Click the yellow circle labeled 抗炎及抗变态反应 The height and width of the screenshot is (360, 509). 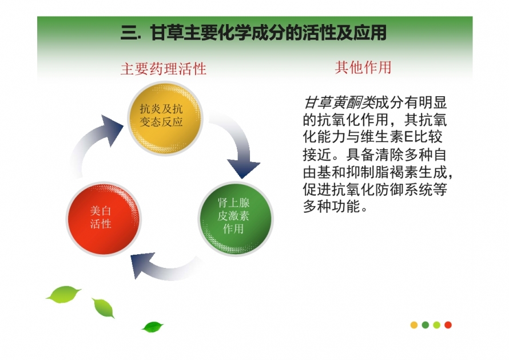click(165, 118)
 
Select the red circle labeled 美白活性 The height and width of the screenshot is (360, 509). click(104, 219)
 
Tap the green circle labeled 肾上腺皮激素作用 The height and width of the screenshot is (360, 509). click(236, 218)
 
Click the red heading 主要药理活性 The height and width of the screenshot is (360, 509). click(164, 69)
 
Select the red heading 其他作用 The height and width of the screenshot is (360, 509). click(363, 68)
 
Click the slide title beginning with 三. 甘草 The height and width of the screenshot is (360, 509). click(253, 33)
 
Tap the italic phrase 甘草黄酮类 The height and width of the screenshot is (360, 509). click(339, 103)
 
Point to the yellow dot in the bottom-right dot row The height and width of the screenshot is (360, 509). click(414, 325)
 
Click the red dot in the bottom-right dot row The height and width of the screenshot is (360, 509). click(448, 325)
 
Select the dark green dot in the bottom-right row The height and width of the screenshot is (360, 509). click(426, 325)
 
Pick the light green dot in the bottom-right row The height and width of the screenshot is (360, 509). click(436, 325)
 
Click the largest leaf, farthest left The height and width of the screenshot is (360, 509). click(63, 294)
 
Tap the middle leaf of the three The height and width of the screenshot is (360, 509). click(104, 307)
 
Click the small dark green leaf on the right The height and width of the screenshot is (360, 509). click(152, 327)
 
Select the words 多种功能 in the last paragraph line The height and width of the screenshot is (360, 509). click(332, 207)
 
